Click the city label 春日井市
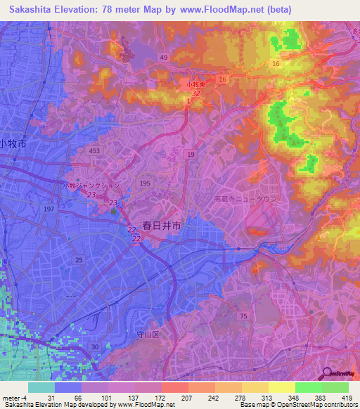click(162, 226)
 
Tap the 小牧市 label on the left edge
click(13, 143)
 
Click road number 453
click(95, 151)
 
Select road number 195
click(145, 183)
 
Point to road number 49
click(164, 57)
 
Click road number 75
click(263, 317)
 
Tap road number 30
click(95, 346)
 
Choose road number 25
click(79, 260)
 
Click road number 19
click(191, 153)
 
